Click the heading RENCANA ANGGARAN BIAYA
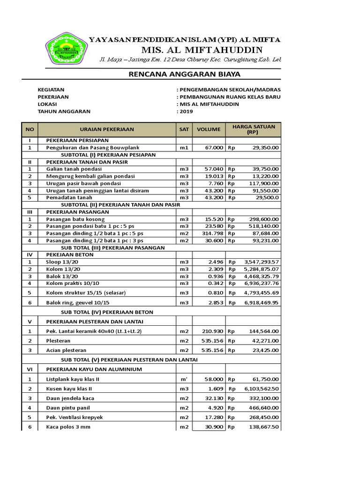(x=185, y=74)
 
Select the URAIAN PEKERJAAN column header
(x=107, y=129)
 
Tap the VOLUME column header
(x=208, y=129)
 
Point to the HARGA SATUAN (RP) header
(x=253, y=129)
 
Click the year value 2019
(x=186, y=112)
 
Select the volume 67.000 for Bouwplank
(x=214, y=148)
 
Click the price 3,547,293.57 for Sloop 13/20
(x=262, y=262)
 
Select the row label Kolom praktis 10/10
(x=73, y=283)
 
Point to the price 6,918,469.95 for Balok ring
(x=262, y=303)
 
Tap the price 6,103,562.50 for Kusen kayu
(x=262, y=389)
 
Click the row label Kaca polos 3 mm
(x=68, y=427)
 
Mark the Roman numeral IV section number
(x=30, y=255)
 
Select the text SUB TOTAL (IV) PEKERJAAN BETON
(x=107, y=312)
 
